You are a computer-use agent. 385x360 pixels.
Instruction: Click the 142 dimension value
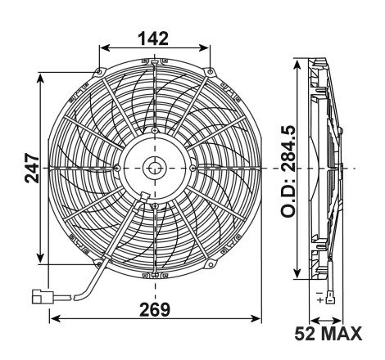(153, 38)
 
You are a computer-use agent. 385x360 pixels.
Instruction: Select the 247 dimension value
(32, 168)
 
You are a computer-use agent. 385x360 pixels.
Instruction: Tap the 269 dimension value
(155, 309)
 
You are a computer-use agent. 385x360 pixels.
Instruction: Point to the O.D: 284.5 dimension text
(288, 171)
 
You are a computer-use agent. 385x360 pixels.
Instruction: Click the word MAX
(341, 333)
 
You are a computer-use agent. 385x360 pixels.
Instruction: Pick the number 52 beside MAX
(305, 333)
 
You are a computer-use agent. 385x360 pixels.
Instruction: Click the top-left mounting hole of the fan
(99, 72)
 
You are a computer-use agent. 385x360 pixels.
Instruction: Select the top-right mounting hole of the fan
(210, 72)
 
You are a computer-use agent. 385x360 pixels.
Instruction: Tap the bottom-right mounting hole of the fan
(211, 264)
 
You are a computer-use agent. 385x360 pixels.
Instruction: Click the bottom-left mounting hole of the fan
(98, 263)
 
